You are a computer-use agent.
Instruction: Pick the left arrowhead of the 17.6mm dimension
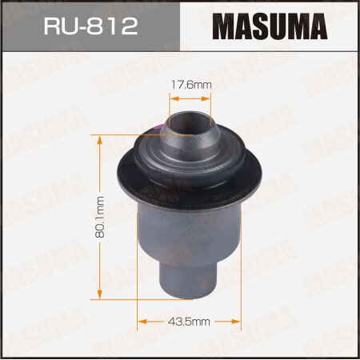click(170, 98)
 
